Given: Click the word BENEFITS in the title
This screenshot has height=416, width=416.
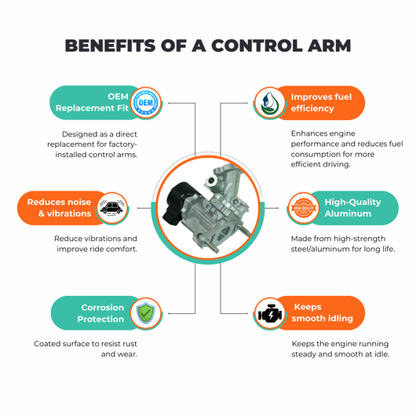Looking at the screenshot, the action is pyautogui.click(x=110, y=46).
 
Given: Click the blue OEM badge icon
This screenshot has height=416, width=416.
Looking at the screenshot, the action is pyautogui.click(x=146, y=102).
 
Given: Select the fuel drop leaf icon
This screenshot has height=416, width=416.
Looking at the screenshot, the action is pyautogui.click(x=269, y=102).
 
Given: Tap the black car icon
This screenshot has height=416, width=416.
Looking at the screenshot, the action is pyautogui.click(x=112, y=208).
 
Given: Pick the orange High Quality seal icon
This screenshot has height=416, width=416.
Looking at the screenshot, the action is pyautogui.click(x=304, y=208).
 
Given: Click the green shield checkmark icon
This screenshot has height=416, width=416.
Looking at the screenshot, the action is pyautogui.click(x=146, y=313).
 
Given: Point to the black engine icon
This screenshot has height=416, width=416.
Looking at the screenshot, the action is pyautogui.click(x=270, y=313).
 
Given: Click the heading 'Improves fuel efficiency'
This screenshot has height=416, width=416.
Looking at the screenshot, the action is pyautogui.click(x=321, y=102).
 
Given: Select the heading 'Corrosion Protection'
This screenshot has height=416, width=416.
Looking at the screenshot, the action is pyautogui.click(x=100, y=313).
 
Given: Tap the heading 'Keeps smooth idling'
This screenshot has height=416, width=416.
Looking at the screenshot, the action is pyautogui.click(x=322, y=312).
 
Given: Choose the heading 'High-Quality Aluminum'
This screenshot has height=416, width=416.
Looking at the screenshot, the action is pyautogui.click(x=352, y=208).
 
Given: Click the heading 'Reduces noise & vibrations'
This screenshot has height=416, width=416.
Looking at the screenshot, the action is pyautogui.click(x=59, y=208).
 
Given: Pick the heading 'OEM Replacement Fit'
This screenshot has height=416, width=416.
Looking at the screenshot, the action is pyautogui.click(x=92, y=102).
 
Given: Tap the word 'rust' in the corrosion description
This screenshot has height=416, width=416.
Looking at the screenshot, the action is pyautogui.click(x=130, y=344).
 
